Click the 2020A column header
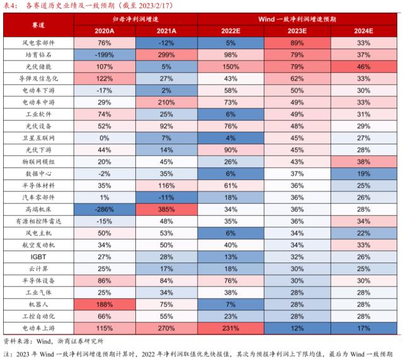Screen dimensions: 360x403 pyautogui.click(x=106, y=30)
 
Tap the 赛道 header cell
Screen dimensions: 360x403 pyautogui.click(x=39, y=25)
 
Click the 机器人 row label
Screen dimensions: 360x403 pyautogui.click(x=39, y=304)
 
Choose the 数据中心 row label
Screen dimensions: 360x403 pyautogui.click(x=39, y=174)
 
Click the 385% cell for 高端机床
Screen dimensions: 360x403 pyautogui.click(x=167, y=209)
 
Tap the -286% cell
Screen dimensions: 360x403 pyautogui.click(x=106, y=209)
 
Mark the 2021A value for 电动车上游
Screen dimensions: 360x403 pyautogui.click(x=167, y=328)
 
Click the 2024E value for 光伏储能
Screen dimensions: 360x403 pyautogui.click(x=363, y=66)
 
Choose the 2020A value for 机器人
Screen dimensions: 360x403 pyautogui.click(x=106, y=304)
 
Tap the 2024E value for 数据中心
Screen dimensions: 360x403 pyautogui.click(x=363, y=174)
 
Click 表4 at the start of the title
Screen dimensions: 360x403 pyautogui.click(x=11, y=6)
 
